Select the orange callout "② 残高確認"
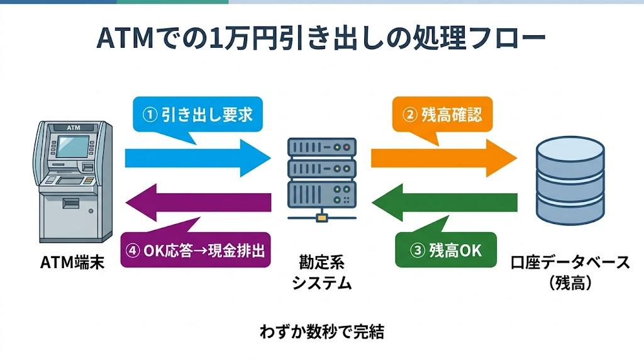point(443,115)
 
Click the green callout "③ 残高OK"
point(446,250)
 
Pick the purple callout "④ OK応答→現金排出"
point(196,250)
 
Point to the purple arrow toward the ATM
point(197,202)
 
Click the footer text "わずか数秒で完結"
point(321,332)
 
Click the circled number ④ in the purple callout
point(133,250)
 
